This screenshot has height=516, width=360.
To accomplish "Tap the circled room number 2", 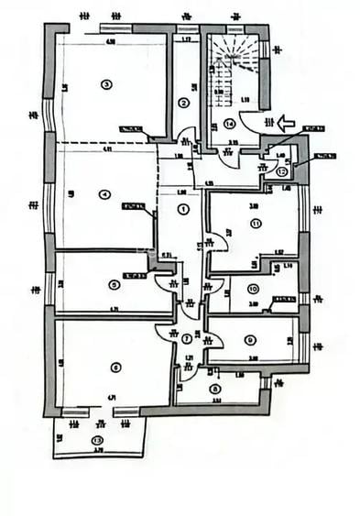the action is point(183,103).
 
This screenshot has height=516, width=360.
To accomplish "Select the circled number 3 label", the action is point(106,84).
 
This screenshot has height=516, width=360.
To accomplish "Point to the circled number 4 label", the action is point(105,193).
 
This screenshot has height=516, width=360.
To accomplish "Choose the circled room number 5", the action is point(113,284).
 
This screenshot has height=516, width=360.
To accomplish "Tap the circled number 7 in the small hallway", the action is point(187,338).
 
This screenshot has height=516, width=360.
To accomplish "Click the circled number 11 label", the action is point(256,223).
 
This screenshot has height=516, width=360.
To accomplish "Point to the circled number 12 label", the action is point(281,170).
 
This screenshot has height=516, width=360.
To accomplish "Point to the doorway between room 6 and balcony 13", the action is point(101,412).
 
